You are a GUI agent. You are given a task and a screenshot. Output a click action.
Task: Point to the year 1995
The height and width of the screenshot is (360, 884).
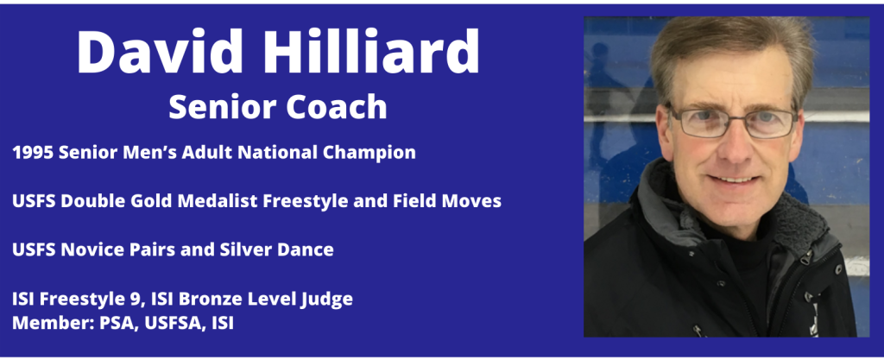[33, 152]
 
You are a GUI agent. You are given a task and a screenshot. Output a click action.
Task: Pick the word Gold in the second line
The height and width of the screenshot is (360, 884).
[157, 201]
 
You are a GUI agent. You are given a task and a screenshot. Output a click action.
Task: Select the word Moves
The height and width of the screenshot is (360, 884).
[476, 201]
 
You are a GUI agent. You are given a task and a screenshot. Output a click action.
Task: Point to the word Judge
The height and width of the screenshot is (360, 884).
[329, 300]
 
